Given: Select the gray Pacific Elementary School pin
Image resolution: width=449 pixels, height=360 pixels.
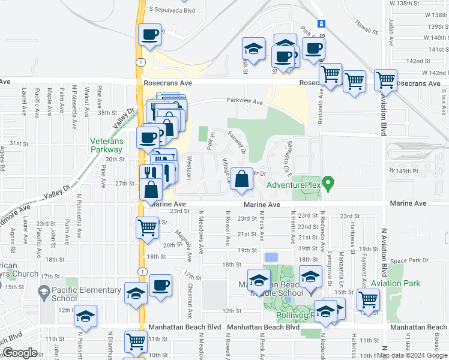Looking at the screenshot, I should tap(43, 293).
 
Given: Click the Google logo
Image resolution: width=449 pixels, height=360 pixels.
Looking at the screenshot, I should tap(19, 353).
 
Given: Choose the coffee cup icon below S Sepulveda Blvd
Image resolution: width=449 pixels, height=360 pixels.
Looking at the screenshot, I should tap(149, 34).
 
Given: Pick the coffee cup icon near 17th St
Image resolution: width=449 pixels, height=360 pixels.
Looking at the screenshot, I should tap(160, 285).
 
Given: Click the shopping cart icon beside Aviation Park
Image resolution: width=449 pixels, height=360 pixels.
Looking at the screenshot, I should tap(368, 298).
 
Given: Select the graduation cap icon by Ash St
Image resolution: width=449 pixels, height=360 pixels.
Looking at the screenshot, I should tap(254, 48).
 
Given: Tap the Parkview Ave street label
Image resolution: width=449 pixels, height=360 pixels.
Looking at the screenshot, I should tap(244, 102).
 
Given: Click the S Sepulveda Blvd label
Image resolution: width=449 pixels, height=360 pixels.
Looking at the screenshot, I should tap(172, 10).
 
